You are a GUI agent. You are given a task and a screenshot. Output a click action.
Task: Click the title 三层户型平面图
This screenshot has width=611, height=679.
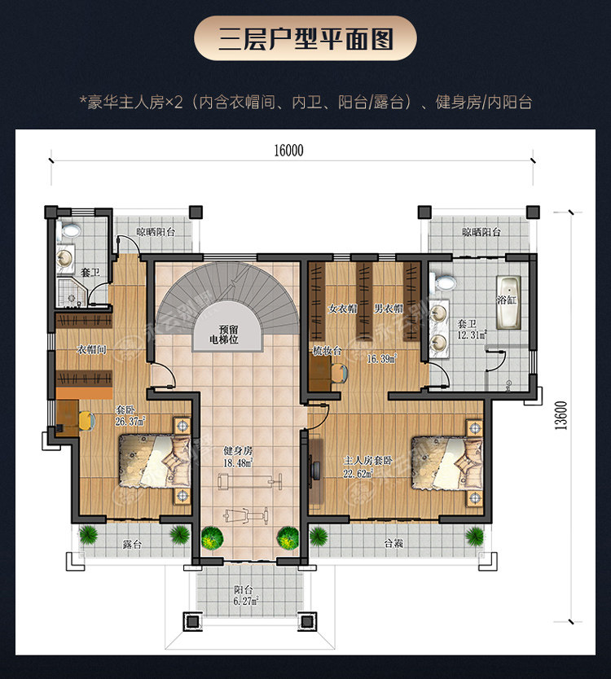(x=305, y=39)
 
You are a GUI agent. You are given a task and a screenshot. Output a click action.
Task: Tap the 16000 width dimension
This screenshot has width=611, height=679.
(x=288, y=151)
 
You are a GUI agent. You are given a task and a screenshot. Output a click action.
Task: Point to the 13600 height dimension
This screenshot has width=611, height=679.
(x=560, y=415)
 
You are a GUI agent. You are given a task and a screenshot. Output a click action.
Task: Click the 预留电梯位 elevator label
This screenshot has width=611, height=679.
(x=224, y=335)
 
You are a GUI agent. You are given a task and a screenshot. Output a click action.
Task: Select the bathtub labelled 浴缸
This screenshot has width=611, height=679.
(x=508, y=302)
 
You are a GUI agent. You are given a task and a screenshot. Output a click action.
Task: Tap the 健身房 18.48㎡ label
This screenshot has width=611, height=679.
(x=238, y=457)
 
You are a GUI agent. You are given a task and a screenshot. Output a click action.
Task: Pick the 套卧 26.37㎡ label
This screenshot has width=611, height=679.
(x=130, y=415)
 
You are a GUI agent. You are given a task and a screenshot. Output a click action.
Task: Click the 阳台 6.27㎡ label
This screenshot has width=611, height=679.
(x=246, y=595)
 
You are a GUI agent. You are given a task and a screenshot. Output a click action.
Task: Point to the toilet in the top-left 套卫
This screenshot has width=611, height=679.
(x=68, y=230)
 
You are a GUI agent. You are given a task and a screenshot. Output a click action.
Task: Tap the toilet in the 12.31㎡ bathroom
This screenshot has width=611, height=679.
(x=443, y=282)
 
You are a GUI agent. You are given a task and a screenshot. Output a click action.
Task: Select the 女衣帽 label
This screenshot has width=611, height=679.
(x=343, y=309)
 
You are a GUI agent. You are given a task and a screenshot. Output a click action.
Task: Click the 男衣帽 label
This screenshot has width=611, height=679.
(x=389, y=309)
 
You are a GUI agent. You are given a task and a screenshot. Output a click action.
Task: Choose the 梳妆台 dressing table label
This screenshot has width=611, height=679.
(x=327, y=350)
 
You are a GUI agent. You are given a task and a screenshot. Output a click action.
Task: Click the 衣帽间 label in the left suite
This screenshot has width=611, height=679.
(x=91, y=349)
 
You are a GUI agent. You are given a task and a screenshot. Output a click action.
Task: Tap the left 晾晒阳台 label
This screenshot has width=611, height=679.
(x=156, y=232)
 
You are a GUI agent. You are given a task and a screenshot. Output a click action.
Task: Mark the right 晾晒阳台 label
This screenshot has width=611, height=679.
(x=481, y=232)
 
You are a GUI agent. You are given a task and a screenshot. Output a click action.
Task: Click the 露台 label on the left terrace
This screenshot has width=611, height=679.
(x=132, y=544)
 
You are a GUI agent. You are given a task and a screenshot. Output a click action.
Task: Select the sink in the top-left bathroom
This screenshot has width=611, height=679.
(x=64, y=259)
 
